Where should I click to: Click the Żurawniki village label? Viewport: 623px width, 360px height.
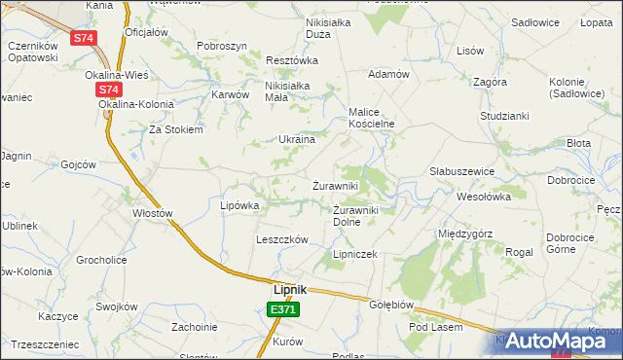pos(336,185)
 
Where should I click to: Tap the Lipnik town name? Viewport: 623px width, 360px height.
pos(289,289)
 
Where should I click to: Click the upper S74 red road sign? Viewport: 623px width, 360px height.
pos(84,38)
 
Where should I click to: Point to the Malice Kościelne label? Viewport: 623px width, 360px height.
pos(371,118)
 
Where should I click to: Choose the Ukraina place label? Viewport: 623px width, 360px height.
pos(297,139)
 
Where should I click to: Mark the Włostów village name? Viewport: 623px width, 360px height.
pos(153,213)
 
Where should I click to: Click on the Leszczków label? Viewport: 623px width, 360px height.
pos(281,239)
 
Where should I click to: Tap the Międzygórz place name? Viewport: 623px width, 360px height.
pos(465,234)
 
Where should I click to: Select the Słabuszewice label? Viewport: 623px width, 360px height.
pos(462,171)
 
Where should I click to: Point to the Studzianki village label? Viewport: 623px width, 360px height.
pos(503,116)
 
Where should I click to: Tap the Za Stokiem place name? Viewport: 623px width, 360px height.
pos(175,129)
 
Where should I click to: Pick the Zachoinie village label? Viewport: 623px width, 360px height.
pos(195,327)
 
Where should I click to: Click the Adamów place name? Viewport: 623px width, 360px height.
pos(387,74)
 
